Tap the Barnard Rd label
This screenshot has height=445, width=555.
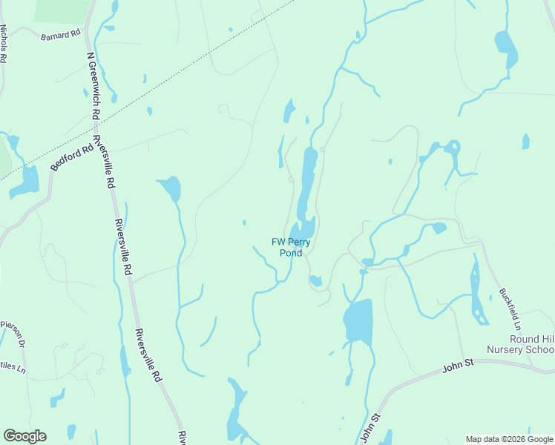point(61,35)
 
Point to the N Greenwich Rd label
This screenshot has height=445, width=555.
point(92,85)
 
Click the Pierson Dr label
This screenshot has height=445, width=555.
point(13,328)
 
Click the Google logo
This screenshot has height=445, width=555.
point(24,436)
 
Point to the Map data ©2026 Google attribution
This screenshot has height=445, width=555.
point(509,439)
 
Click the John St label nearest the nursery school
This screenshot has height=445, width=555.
point(458,366)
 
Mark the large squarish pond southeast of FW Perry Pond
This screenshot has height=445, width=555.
point(358,322)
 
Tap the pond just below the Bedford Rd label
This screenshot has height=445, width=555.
point(28,180)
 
